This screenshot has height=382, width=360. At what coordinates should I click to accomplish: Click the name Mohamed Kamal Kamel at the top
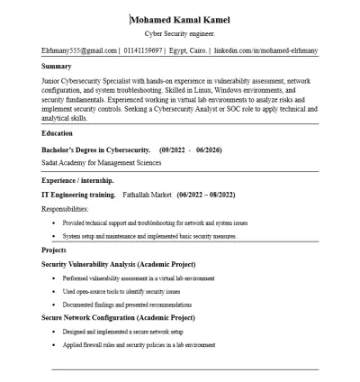pos(180,20)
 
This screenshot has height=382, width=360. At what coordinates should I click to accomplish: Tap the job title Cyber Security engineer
pos(180,33)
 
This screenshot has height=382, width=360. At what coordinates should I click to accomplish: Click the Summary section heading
pos(58,66)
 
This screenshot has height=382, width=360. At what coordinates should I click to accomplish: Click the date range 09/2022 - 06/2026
pos(190,149)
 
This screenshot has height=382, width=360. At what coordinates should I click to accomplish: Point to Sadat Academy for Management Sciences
pos(102,162)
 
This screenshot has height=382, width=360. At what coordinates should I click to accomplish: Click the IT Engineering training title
pos(78,195)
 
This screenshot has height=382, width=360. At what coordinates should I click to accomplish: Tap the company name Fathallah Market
pos(147,195)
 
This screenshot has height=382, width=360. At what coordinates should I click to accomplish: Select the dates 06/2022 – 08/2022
pos(206,195)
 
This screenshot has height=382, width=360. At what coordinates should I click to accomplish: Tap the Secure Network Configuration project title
pos(118,318)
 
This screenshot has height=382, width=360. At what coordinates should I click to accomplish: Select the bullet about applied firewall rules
pos(139,345)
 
